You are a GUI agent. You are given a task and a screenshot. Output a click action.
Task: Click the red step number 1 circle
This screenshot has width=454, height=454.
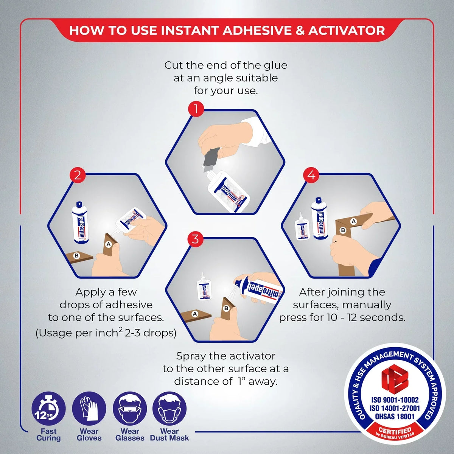pos(196,110)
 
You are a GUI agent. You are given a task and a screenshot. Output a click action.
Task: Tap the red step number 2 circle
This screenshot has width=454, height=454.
pos(78,175)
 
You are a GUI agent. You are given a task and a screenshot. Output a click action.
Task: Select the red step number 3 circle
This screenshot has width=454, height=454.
pos(195,239)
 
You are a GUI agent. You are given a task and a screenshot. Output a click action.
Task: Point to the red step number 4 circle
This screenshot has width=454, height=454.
pos(311,175)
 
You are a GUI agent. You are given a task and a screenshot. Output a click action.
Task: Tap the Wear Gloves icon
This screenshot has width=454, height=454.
pos(89,409)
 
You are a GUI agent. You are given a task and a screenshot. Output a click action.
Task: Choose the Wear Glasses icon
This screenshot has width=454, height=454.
pos(130,409)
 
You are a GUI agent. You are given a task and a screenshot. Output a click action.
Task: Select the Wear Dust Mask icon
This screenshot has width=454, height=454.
pos(169,409)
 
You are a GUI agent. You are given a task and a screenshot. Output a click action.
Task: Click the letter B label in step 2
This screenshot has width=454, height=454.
pos(76,256)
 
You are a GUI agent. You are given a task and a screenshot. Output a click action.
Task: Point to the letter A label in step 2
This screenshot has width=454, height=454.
pos(109,244)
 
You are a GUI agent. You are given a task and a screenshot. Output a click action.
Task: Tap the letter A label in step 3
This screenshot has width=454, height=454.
pos(195,314)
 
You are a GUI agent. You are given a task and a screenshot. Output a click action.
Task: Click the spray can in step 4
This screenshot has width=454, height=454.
pos(319,219)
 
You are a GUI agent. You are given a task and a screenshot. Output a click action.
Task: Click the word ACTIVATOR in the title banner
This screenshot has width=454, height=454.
pos(347,31)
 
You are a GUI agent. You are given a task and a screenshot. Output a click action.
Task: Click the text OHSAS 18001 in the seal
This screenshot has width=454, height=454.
pos(395,416)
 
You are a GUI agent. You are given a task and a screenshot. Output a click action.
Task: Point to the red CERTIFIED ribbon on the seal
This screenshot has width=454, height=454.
pos(395,431)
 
